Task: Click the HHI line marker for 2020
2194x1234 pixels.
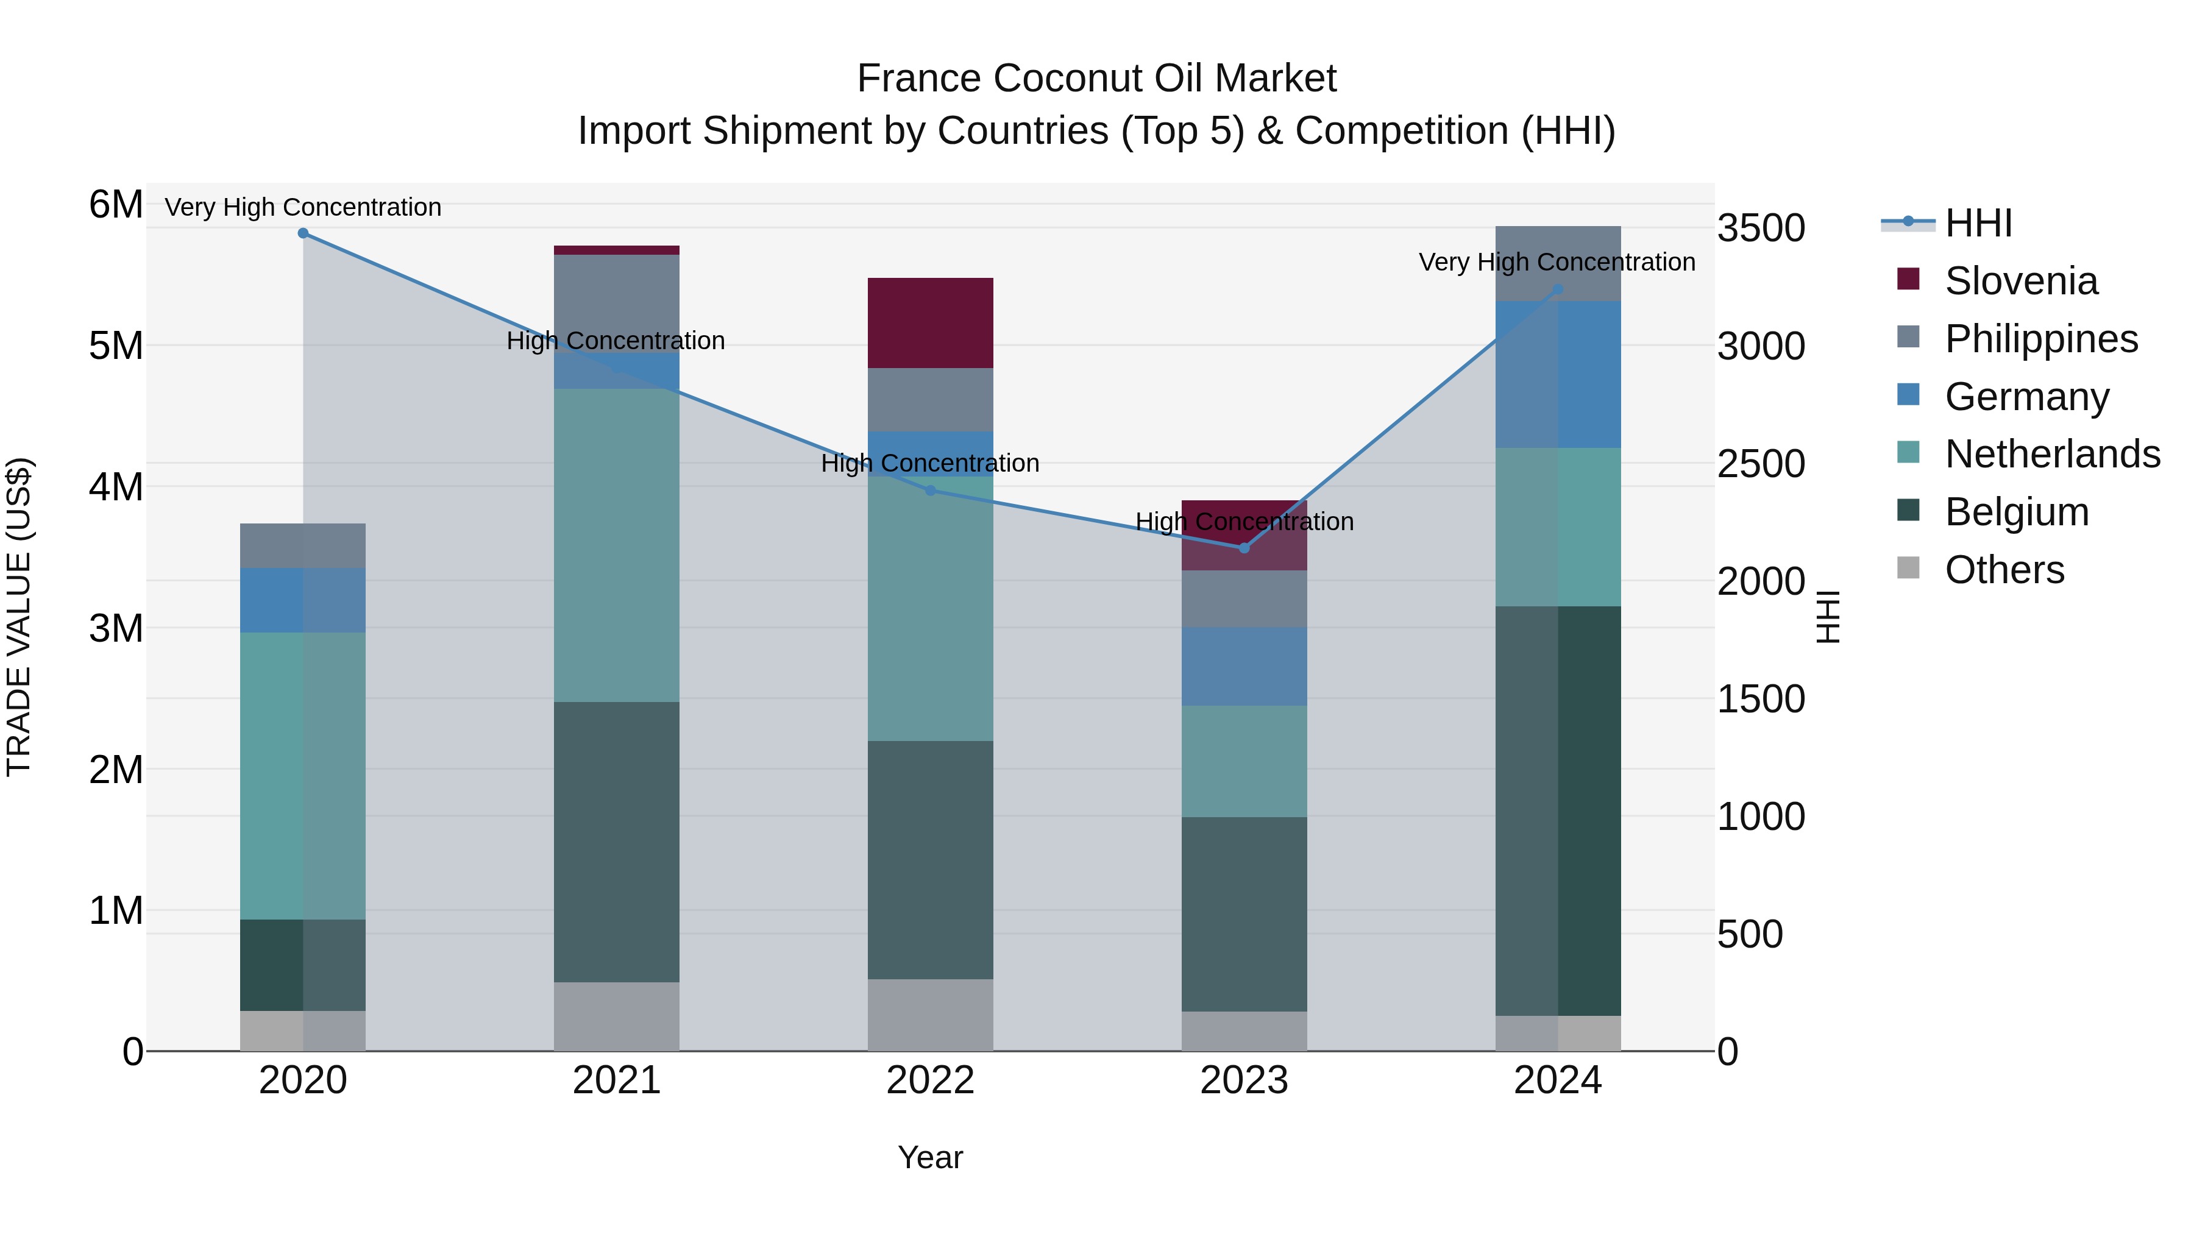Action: coord(304,233)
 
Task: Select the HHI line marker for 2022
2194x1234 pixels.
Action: coord(930,491)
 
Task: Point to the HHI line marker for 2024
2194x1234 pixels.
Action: coord(1558,289)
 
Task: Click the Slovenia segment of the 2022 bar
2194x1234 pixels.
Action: coord(930,324)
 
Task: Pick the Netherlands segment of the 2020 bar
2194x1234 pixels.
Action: coord(304,775)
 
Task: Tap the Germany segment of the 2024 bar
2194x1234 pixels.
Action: coord(1558,375)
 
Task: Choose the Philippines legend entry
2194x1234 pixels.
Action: coord(2040,339)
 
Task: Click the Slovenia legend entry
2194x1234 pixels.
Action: coord(2020,281)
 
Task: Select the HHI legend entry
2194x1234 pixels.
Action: coord(1978,223)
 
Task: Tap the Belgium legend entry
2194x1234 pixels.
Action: coord(2016,512)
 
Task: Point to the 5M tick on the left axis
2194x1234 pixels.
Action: coord(116,346)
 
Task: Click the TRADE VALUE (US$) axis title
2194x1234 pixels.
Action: coord(19,617)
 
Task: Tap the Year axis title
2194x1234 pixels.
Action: coord(930,1157)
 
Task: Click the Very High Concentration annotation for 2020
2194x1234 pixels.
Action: coord(304,207)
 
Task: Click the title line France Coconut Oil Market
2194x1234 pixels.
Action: coord(1096,79)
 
